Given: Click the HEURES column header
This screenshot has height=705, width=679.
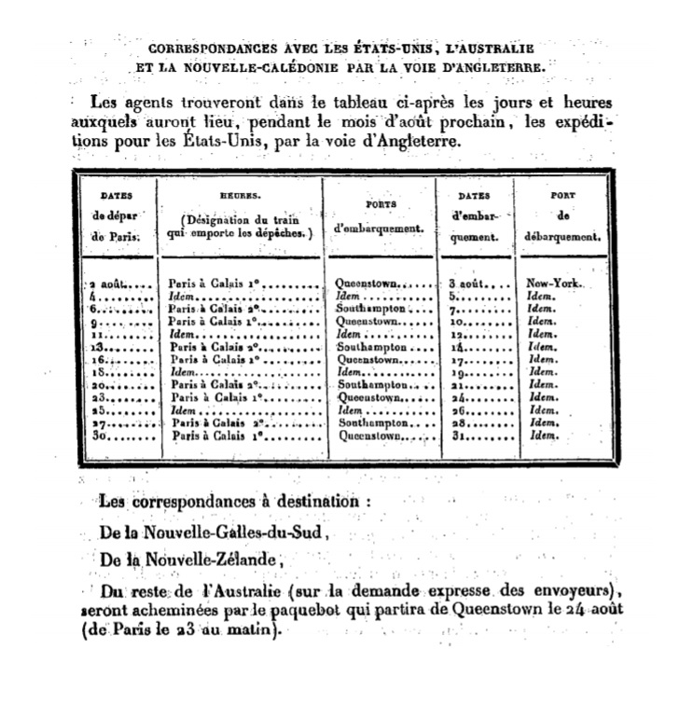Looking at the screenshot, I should (x=240, y=197).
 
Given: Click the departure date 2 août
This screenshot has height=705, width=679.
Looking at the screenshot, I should (x=112, y=282).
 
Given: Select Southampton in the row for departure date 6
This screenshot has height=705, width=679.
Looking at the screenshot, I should (x=371, y=308).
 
